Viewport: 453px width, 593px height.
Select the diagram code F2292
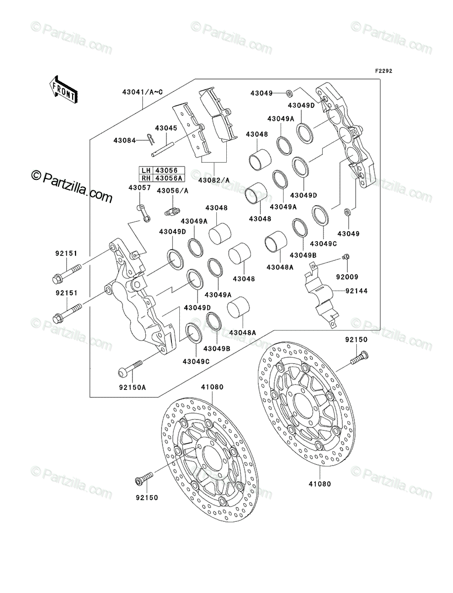(x=383, y=71)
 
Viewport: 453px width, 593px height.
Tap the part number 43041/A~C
(x=143, y=92)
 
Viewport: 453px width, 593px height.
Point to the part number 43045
(x=166, y=128)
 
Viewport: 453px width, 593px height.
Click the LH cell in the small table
(x=146, y=170)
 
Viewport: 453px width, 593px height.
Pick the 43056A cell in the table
(x=169, y=178)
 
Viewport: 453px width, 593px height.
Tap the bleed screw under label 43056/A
(x=172, y=211)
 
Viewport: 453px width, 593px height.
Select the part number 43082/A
(x=214, y=180)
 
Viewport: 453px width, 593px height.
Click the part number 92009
(x=347, y=277)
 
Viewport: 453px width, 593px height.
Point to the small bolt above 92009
(x=345, y=256)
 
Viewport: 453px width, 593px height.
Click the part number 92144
(x=356, y=291)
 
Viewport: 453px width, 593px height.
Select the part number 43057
(x=140, y=187)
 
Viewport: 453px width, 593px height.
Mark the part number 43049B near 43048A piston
(x=303, y=255)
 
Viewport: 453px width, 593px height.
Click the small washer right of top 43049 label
(x=288, y=93)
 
